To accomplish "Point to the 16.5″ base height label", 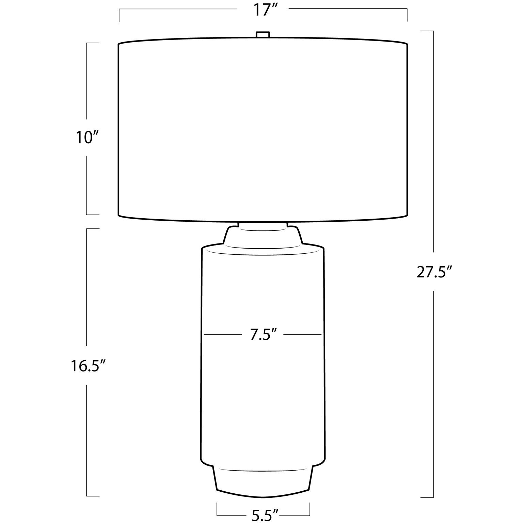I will pos(87,366).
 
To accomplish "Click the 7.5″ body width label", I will pos(262,335).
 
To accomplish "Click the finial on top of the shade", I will pos(263,35).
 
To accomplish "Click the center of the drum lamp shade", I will pos(263,129).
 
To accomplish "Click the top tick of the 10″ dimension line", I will pos(93,43).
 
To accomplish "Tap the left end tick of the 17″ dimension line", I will pos(119,16).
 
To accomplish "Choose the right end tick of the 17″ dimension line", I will pos(407,16).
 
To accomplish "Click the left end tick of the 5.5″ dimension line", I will pos(217,510).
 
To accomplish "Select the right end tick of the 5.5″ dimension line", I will pos(310,510).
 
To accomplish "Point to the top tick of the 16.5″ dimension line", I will pos(93,229).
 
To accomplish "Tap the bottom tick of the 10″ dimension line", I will pos(93,215).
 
